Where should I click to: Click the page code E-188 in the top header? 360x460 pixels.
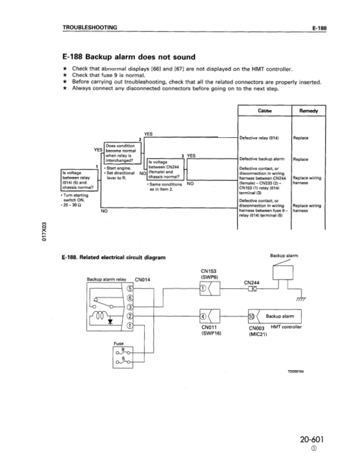pos(319,27)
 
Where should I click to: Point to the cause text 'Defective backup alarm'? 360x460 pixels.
pos(263,159)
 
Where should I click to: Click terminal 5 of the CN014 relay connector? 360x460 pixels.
pos(130,288)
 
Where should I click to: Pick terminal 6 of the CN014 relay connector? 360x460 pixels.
pos(130,297)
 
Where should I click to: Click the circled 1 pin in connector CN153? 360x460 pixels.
pos(202,289)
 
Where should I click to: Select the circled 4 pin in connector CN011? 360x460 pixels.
pos(202,316)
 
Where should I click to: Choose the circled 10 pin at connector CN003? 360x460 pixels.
pos(250,316)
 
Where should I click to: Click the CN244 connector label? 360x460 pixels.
pos(252,282)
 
